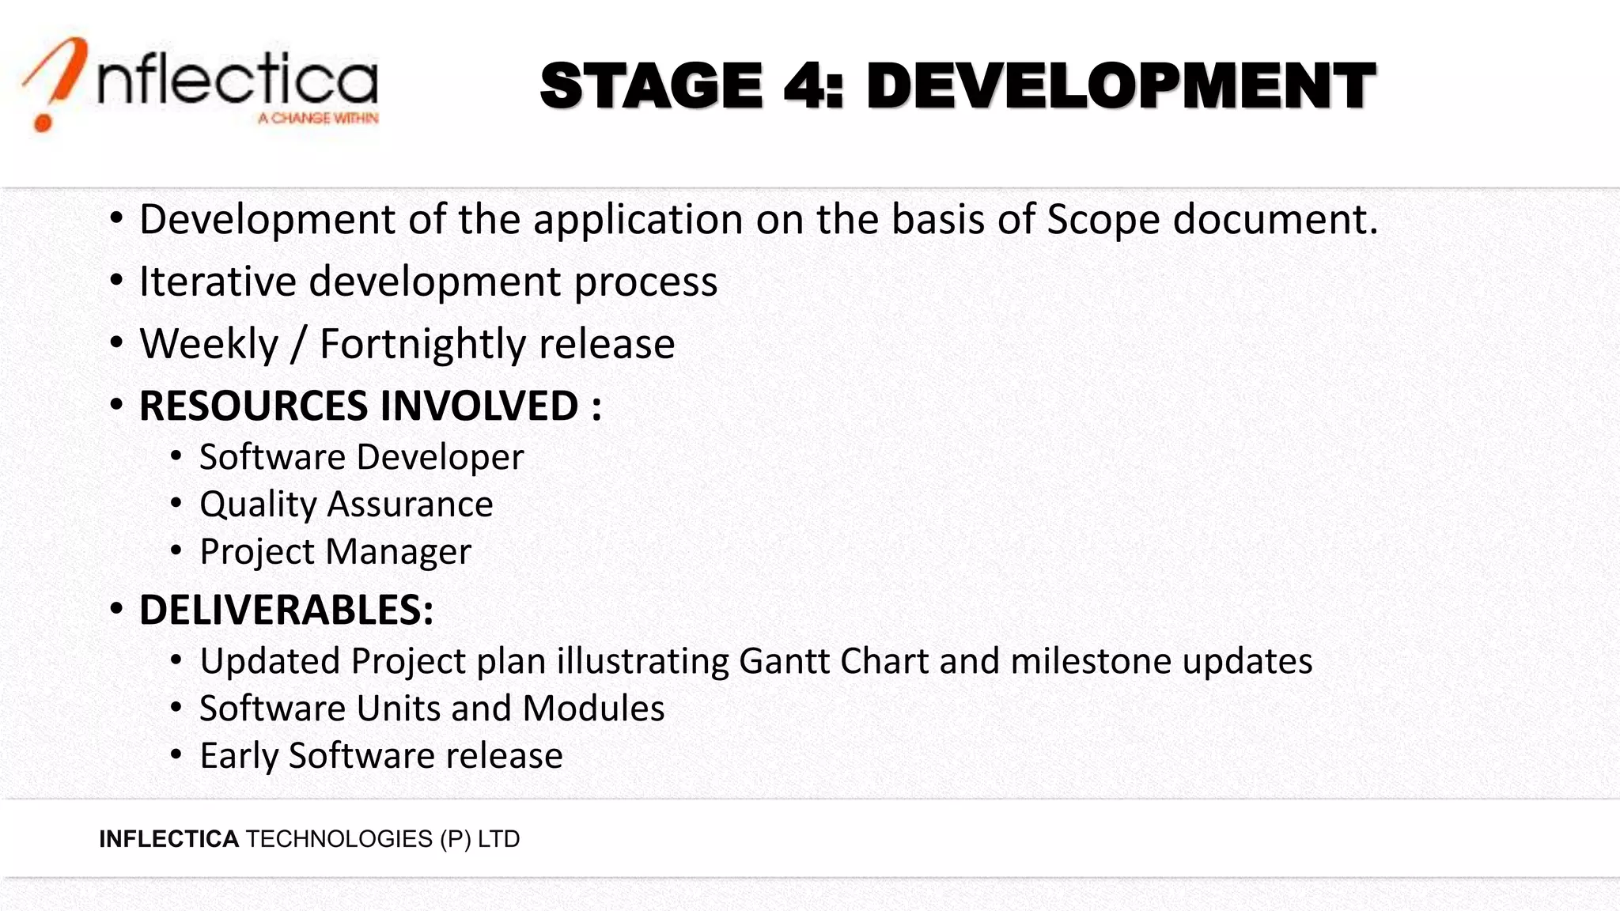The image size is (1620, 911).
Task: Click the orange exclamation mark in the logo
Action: pyautogui.click(x=54, y=83)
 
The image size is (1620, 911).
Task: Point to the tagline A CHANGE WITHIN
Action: pyautogui.click(x=318, y=119)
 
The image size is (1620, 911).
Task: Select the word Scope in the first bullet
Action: pyautogui.click(x=1103, y=220)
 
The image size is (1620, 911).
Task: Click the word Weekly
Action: pyautogui.click(x=209, y=345)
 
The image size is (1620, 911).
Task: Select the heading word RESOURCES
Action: pyautogui.click(x=253, y=406)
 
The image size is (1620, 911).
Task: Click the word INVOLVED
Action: pyautogui.click(x=479, y=406)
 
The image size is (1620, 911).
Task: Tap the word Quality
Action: pyautogui.click(x=258, y=505)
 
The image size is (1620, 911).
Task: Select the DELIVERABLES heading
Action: pyautogui.click(x=286, y=610)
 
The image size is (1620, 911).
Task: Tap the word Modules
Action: pyautogui.click(x=593, y=709)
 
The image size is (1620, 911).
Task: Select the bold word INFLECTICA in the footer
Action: pyautogui.click(x=168, y=839)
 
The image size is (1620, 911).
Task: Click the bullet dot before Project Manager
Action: pyautogui.click(x=176, y=550)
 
